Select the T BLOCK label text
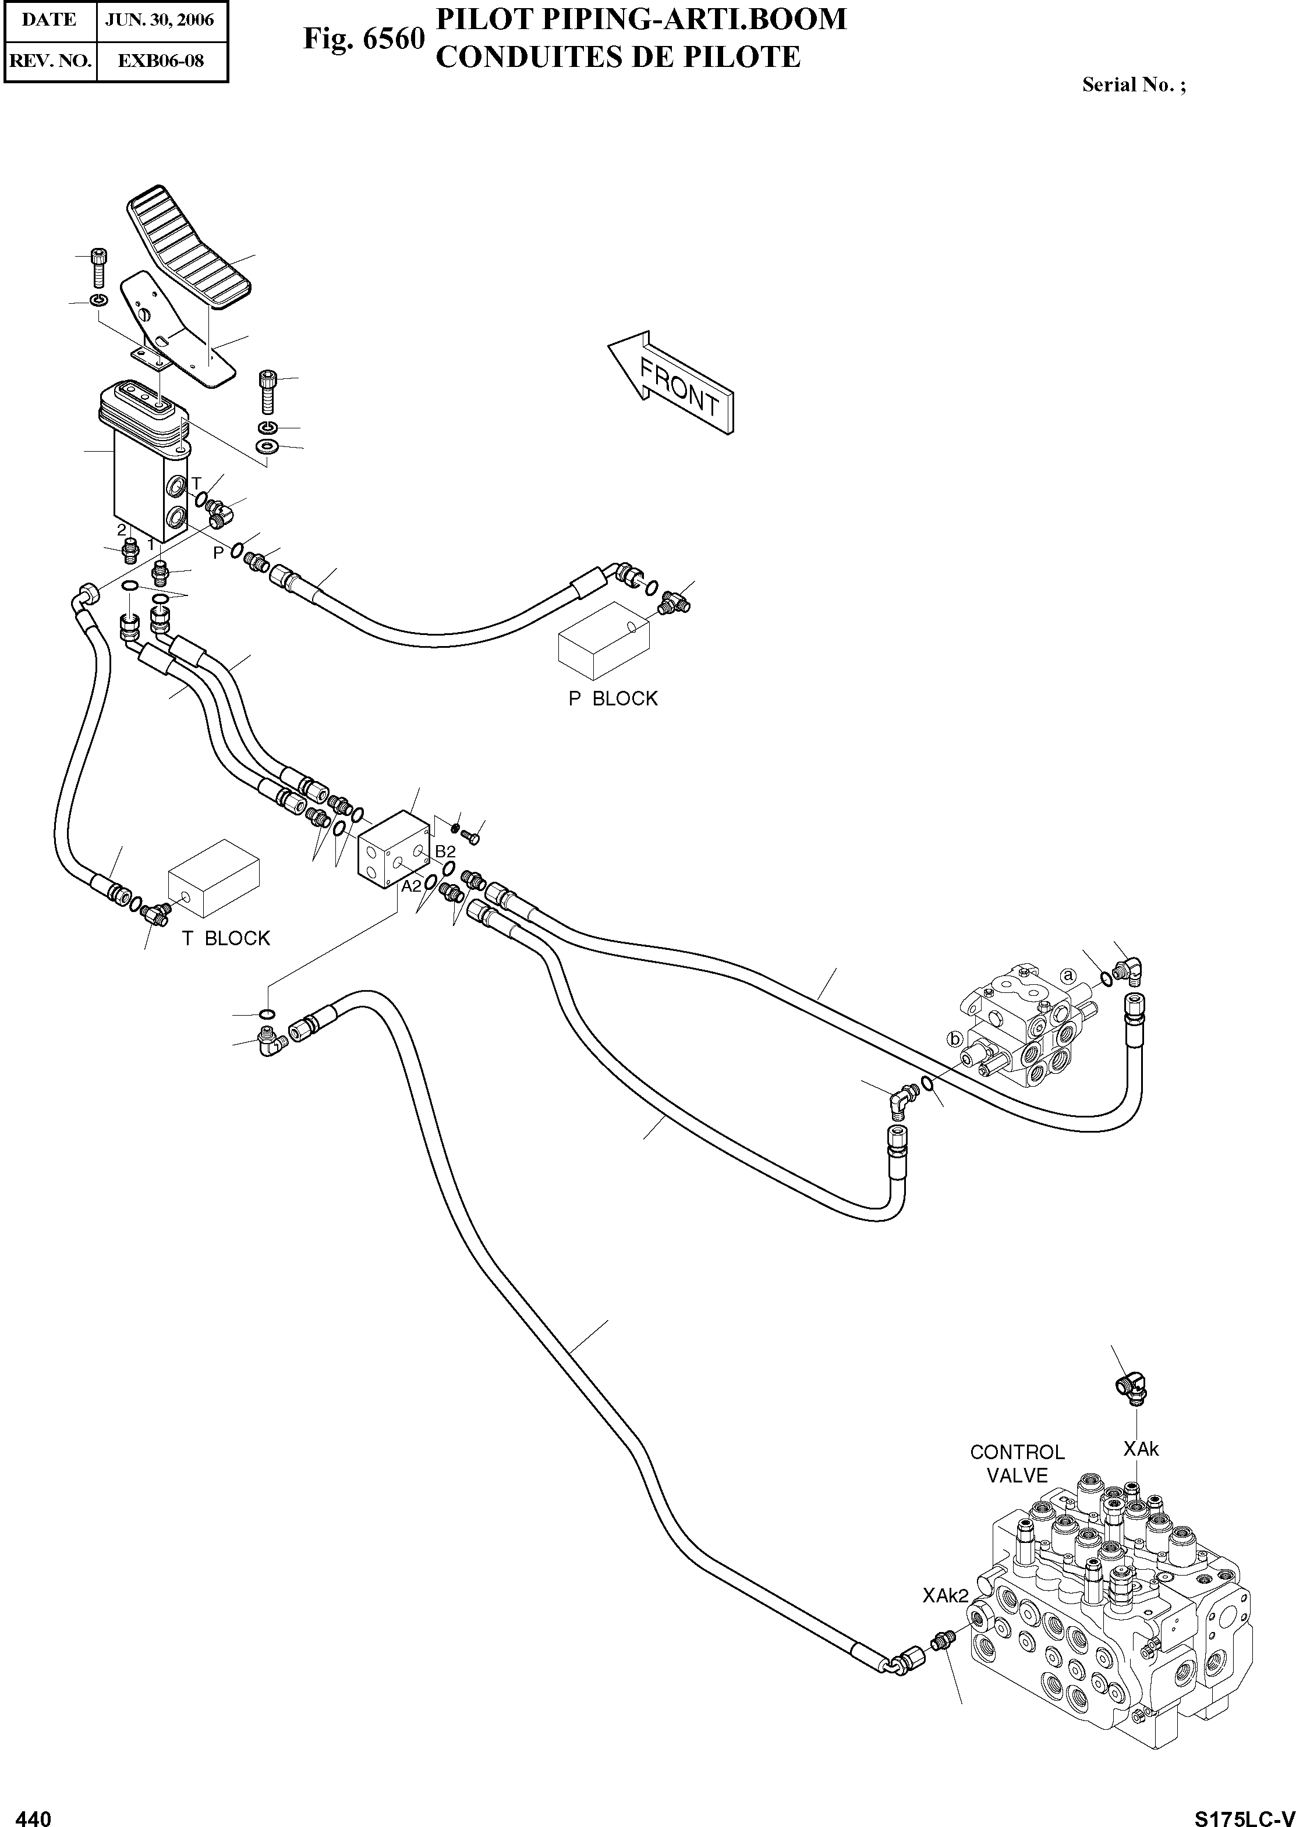click(226, 938)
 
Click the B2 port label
click(444, 852)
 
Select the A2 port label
click(411, 886)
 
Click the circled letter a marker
click(1068, 975)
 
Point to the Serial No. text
click(1133, 84)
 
